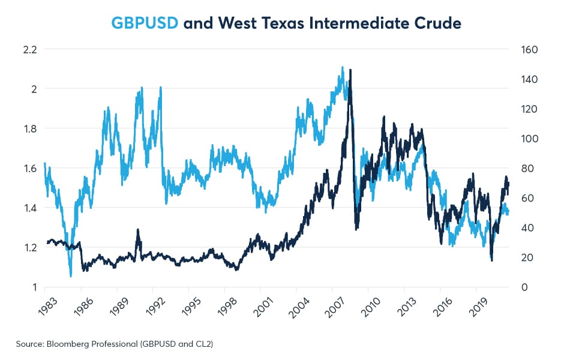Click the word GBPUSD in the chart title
tap(145, 24)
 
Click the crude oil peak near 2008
tap(350, 70)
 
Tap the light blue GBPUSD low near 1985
tap(71, 276)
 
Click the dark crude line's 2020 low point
tap(492, 260)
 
